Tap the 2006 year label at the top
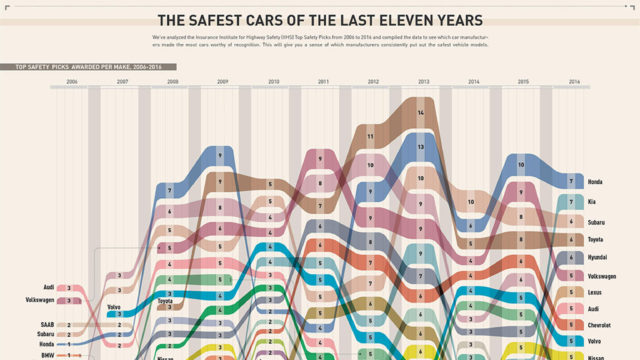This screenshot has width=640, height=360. (x=72, y=81)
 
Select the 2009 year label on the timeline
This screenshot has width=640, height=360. (x=222, y=81)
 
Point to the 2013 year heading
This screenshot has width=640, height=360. (x=423, y=81)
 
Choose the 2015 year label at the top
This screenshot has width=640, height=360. (x=523, y=81)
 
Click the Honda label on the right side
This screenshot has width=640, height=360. (x=594, y=181)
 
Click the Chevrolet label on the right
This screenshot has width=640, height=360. (x=598, y=324)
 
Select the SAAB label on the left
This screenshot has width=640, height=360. (x=48, y=324)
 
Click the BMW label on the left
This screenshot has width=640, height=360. (x=49, y=354)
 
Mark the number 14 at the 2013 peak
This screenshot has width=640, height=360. (x=421, y=113)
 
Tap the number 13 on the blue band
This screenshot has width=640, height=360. (x=421, y=146)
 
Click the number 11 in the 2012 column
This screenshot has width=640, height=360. (x=371, y=133)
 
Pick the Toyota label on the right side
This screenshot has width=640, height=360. (x=595, y=239)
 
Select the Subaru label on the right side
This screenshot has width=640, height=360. (x=596, y=221)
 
